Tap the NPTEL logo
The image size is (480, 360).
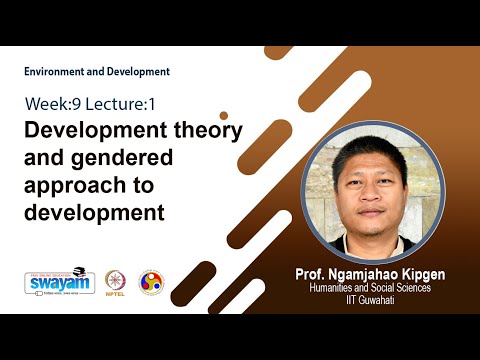click(116, 282)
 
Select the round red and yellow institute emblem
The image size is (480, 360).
click(151, 282)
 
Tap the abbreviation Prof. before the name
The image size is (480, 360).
click(310, 273)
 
